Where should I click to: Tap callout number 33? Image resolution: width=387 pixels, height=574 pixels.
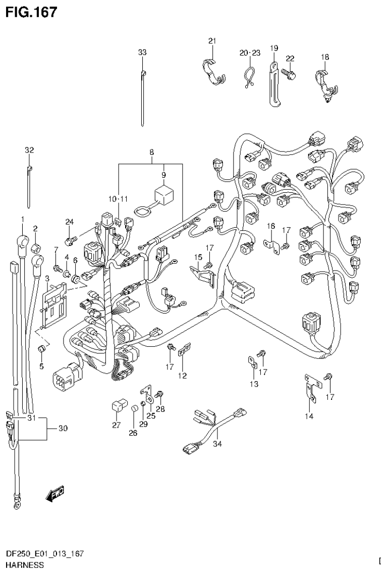click(142, 53)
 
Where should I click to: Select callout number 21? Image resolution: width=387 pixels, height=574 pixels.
click(211, 41)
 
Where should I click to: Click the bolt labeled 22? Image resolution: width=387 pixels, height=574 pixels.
click(289, 73)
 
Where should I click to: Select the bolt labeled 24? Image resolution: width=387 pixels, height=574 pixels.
click(71, 236)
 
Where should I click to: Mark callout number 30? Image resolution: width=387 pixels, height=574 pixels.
click(63, 429)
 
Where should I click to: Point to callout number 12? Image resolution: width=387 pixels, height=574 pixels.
click(182, 376)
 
